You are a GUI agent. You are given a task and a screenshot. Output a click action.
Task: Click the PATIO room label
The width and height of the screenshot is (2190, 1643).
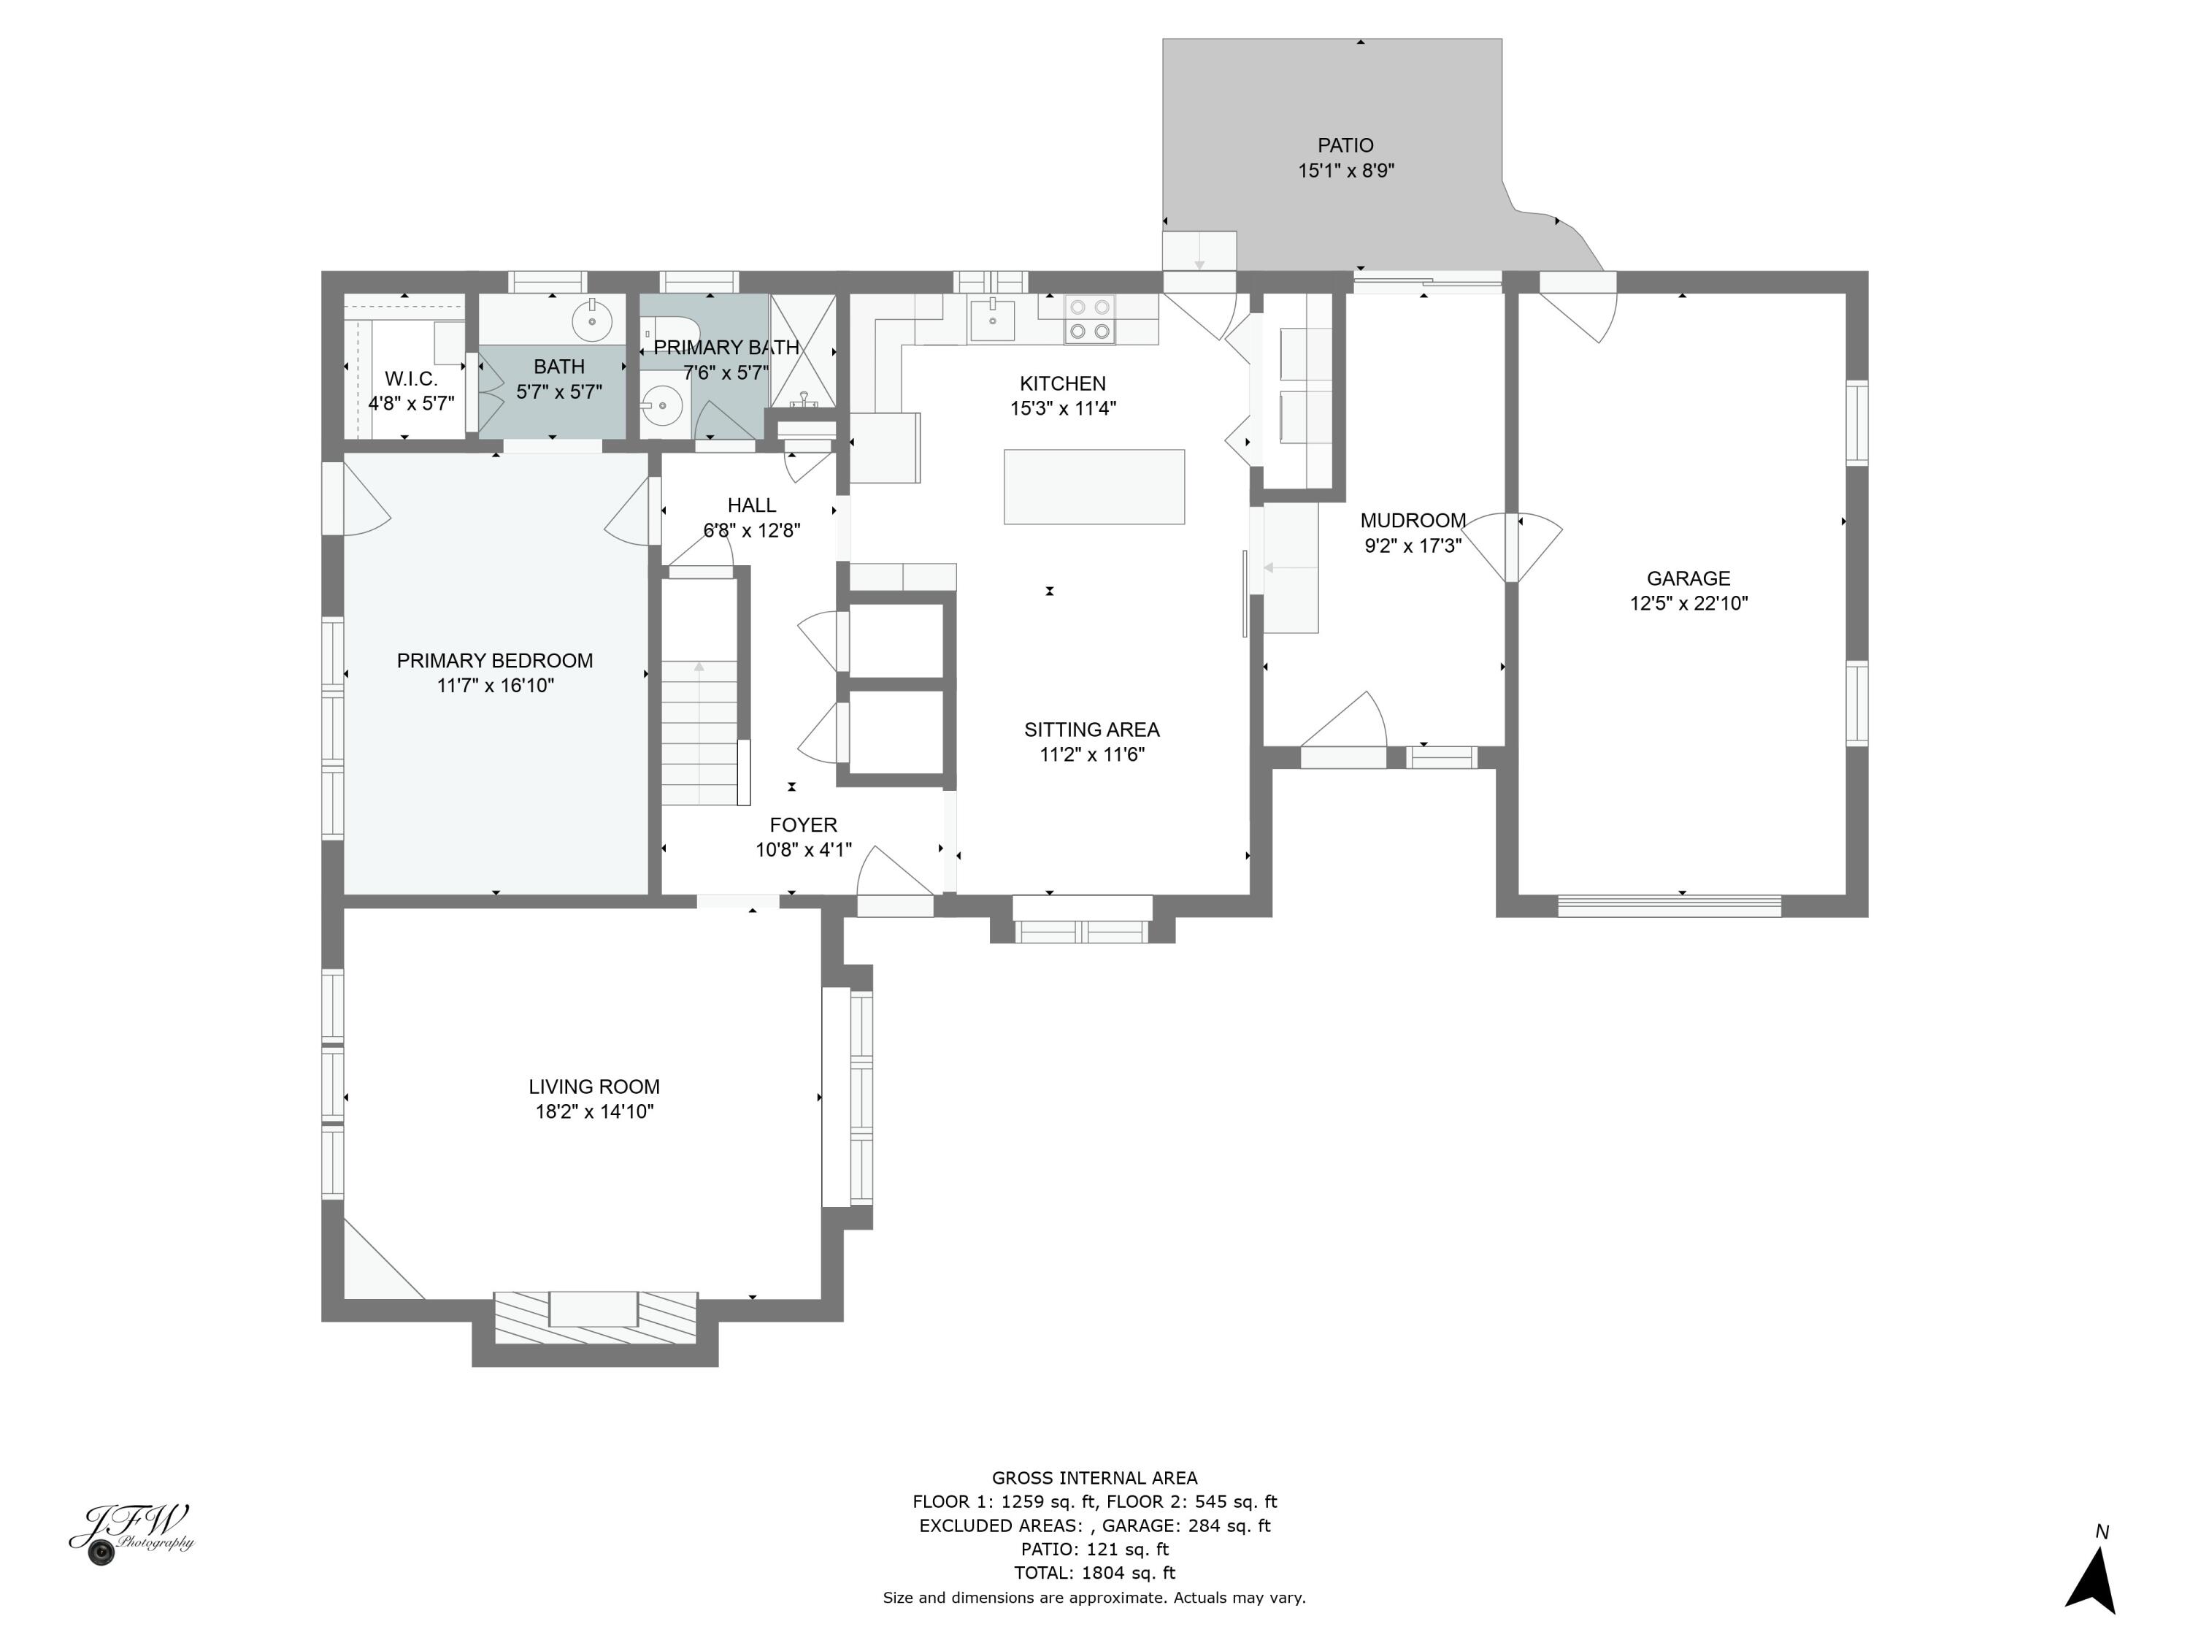(x=1345, y=145)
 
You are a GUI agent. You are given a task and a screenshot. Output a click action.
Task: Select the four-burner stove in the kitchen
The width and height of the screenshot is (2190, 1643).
(x=1089, y=319)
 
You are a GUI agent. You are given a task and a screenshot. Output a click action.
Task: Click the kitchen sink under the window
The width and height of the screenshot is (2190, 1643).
(x=992, y=320)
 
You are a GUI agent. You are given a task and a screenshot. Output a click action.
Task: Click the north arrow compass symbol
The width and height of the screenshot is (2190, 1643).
(x=2093, y=1582)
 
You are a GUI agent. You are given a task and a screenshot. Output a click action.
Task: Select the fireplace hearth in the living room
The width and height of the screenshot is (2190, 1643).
(x=594, y=1318)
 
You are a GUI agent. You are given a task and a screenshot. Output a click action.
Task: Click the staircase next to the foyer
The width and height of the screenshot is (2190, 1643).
(x=700, y=693)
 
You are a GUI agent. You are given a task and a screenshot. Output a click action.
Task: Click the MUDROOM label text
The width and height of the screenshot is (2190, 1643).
(x=1412, y=520)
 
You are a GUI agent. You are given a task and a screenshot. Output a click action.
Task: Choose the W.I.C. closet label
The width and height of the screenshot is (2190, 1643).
(x=411, y=379)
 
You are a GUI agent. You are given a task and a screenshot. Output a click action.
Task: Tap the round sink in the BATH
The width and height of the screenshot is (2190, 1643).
(x=592, y=321)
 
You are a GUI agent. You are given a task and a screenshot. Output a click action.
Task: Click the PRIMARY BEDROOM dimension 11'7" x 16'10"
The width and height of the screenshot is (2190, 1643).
(x=495, y=686)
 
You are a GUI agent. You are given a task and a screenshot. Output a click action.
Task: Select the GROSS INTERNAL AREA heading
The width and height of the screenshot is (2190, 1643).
(x=1094, y=1479)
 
